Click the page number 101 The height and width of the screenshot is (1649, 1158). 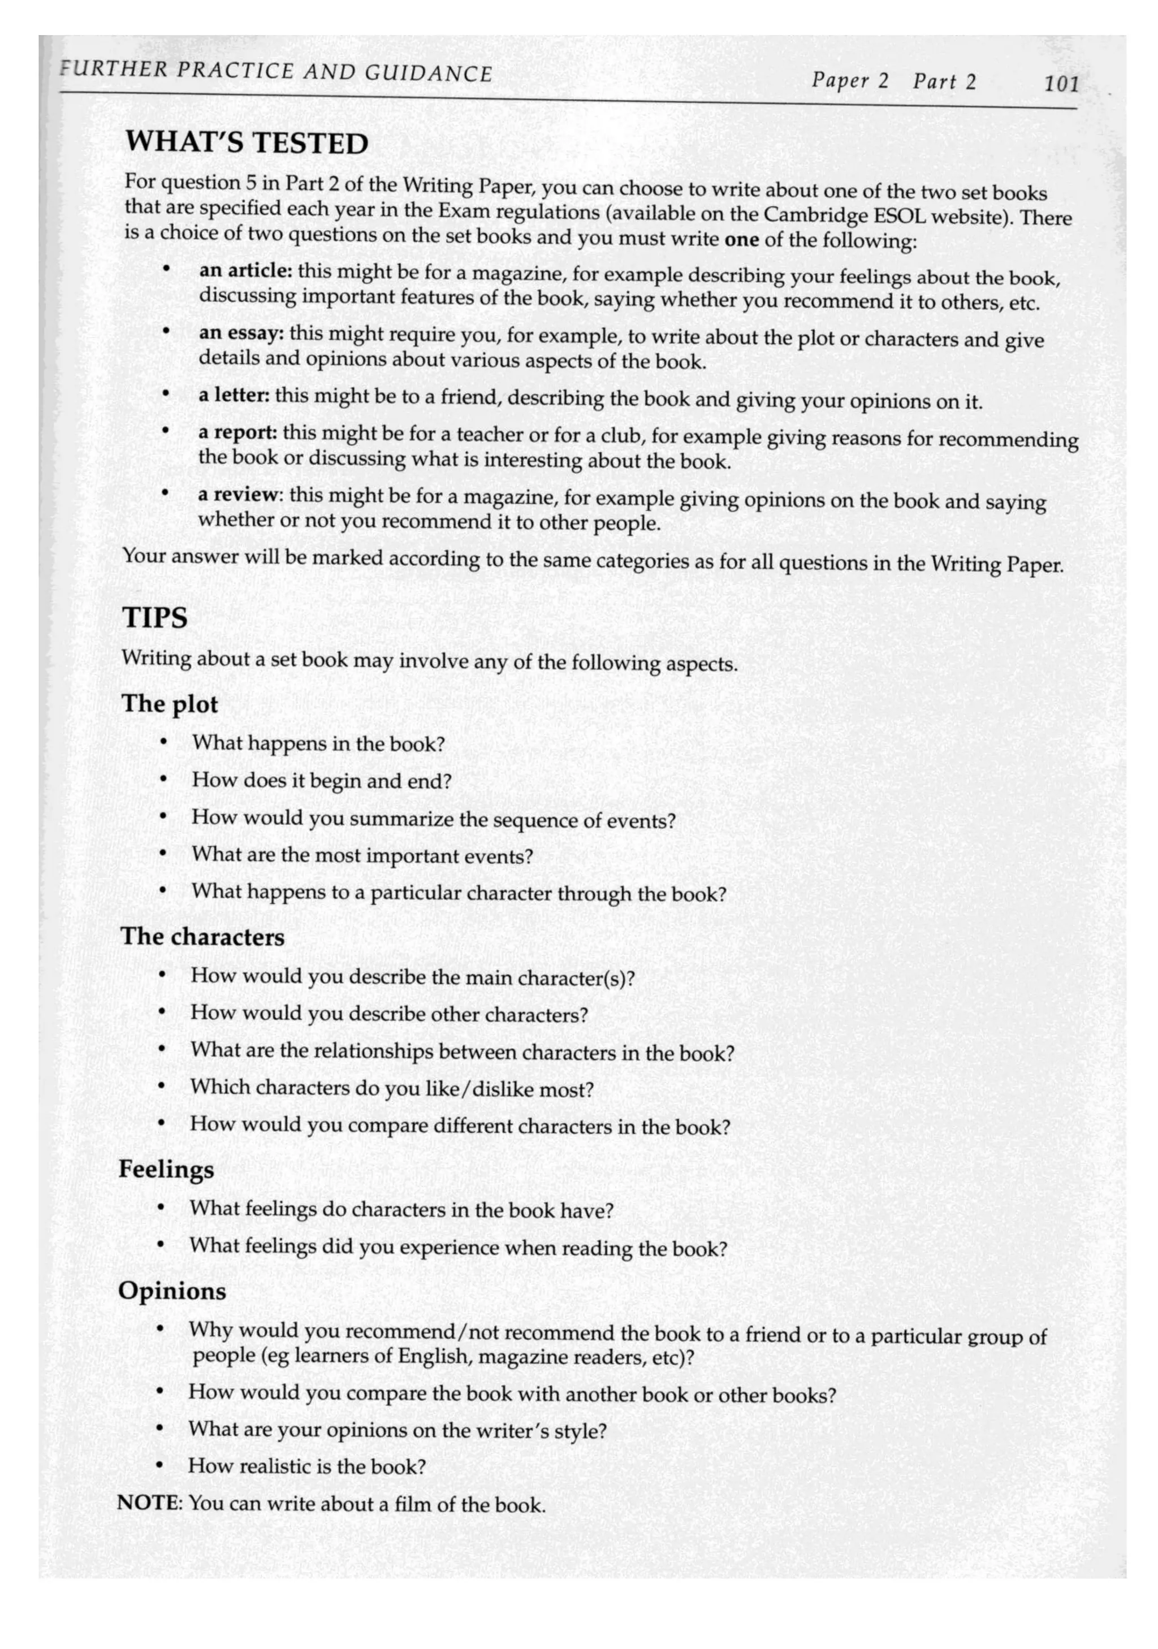tap(1061, 85)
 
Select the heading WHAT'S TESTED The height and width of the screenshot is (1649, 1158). tap(247, 143)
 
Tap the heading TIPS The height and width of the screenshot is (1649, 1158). tap(155, 618)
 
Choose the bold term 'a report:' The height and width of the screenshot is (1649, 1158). tap(238, 432)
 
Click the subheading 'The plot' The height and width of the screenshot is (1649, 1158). tap(170, 704)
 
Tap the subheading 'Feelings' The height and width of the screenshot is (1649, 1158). tap(166, 1169)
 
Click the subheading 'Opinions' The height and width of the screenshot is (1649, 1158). tap(172, 1291)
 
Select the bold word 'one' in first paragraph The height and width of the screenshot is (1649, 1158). tap(742, 239)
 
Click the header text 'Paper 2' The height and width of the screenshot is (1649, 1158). tap(850, 80)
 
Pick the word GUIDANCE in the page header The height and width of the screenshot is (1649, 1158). tap(428, 74)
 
